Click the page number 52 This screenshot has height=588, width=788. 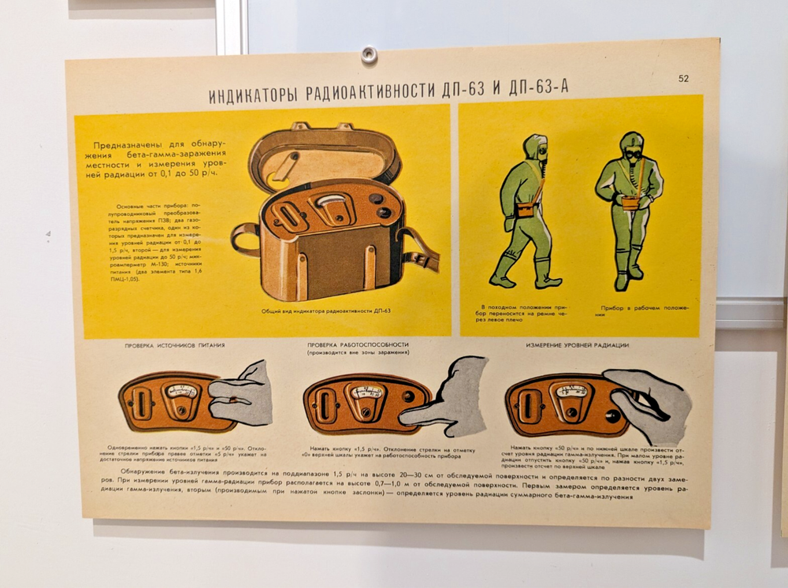(682, 78)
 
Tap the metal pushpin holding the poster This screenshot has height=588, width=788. (368, 54)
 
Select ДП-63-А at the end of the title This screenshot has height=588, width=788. (539, 87)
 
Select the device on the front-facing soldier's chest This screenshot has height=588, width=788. (630, 202)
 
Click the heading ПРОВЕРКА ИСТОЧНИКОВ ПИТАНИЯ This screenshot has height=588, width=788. (175, 345)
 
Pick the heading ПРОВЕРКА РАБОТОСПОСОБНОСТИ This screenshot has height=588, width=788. (359, 344)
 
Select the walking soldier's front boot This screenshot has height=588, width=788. (548, 280)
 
